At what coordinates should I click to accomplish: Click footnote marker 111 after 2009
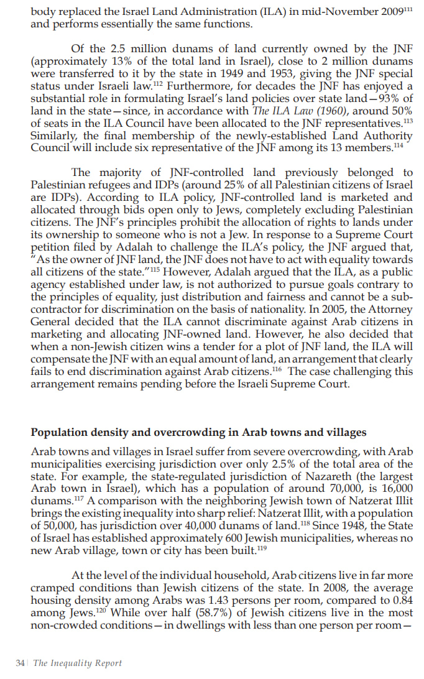[x=405, y=9]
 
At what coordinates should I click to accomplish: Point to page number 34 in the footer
[x=19, y=663]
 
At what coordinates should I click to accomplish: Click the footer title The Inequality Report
[x=78, y=663]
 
